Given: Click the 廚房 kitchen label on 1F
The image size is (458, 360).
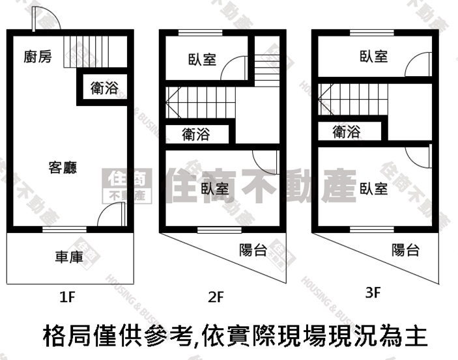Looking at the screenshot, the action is [38, 57].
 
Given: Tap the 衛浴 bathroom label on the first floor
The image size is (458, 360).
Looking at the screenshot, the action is [104, 88].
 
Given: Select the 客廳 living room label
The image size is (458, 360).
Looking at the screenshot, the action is [63, 167].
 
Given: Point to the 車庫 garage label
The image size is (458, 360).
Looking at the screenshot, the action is [69, 257].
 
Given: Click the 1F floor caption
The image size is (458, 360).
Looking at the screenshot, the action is [68, 298].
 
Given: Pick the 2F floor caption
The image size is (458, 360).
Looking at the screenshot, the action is [216, 298].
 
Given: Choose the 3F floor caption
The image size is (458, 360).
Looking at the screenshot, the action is [373, 292].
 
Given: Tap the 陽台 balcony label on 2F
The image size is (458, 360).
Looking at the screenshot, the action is [253, 250].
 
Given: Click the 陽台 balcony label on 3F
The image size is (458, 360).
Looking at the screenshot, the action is [406, 250].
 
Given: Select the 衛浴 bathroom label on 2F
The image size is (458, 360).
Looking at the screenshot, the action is [196, 135].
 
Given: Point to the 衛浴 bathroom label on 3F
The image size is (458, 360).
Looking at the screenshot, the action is [347, 132].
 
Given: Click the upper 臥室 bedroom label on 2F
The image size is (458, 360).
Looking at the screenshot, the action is [202, 59].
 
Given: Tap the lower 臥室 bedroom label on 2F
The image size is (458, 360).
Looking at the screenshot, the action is [215, 189].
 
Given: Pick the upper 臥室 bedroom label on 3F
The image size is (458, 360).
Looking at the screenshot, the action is [374, 57].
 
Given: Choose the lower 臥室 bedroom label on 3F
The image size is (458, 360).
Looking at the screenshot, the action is [374, 189].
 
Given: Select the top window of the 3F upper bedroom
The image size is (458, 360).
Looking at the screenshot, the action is [372, 33].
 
